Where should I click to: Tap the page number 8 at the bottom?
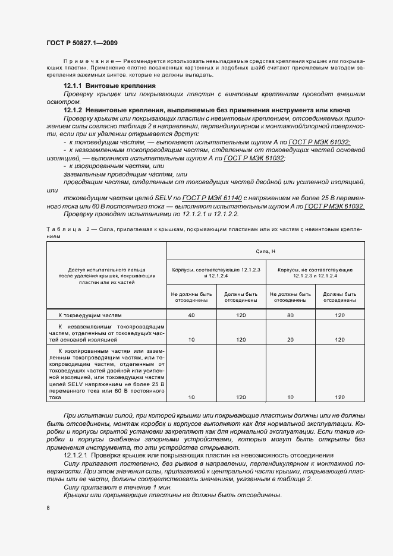(48, 507)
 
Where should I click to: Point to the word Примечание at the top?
(84, 62)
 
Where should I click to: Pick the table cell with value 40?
(191, 315)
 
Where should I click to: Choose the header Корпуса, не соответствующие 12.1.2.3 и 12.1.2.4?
(315, 273)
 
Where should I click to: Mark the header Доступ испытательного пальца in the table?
(107, 270)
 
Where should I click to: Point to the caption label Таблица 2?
(67, 228)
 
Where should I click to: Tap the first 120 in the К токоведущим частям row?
(241, 315)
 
